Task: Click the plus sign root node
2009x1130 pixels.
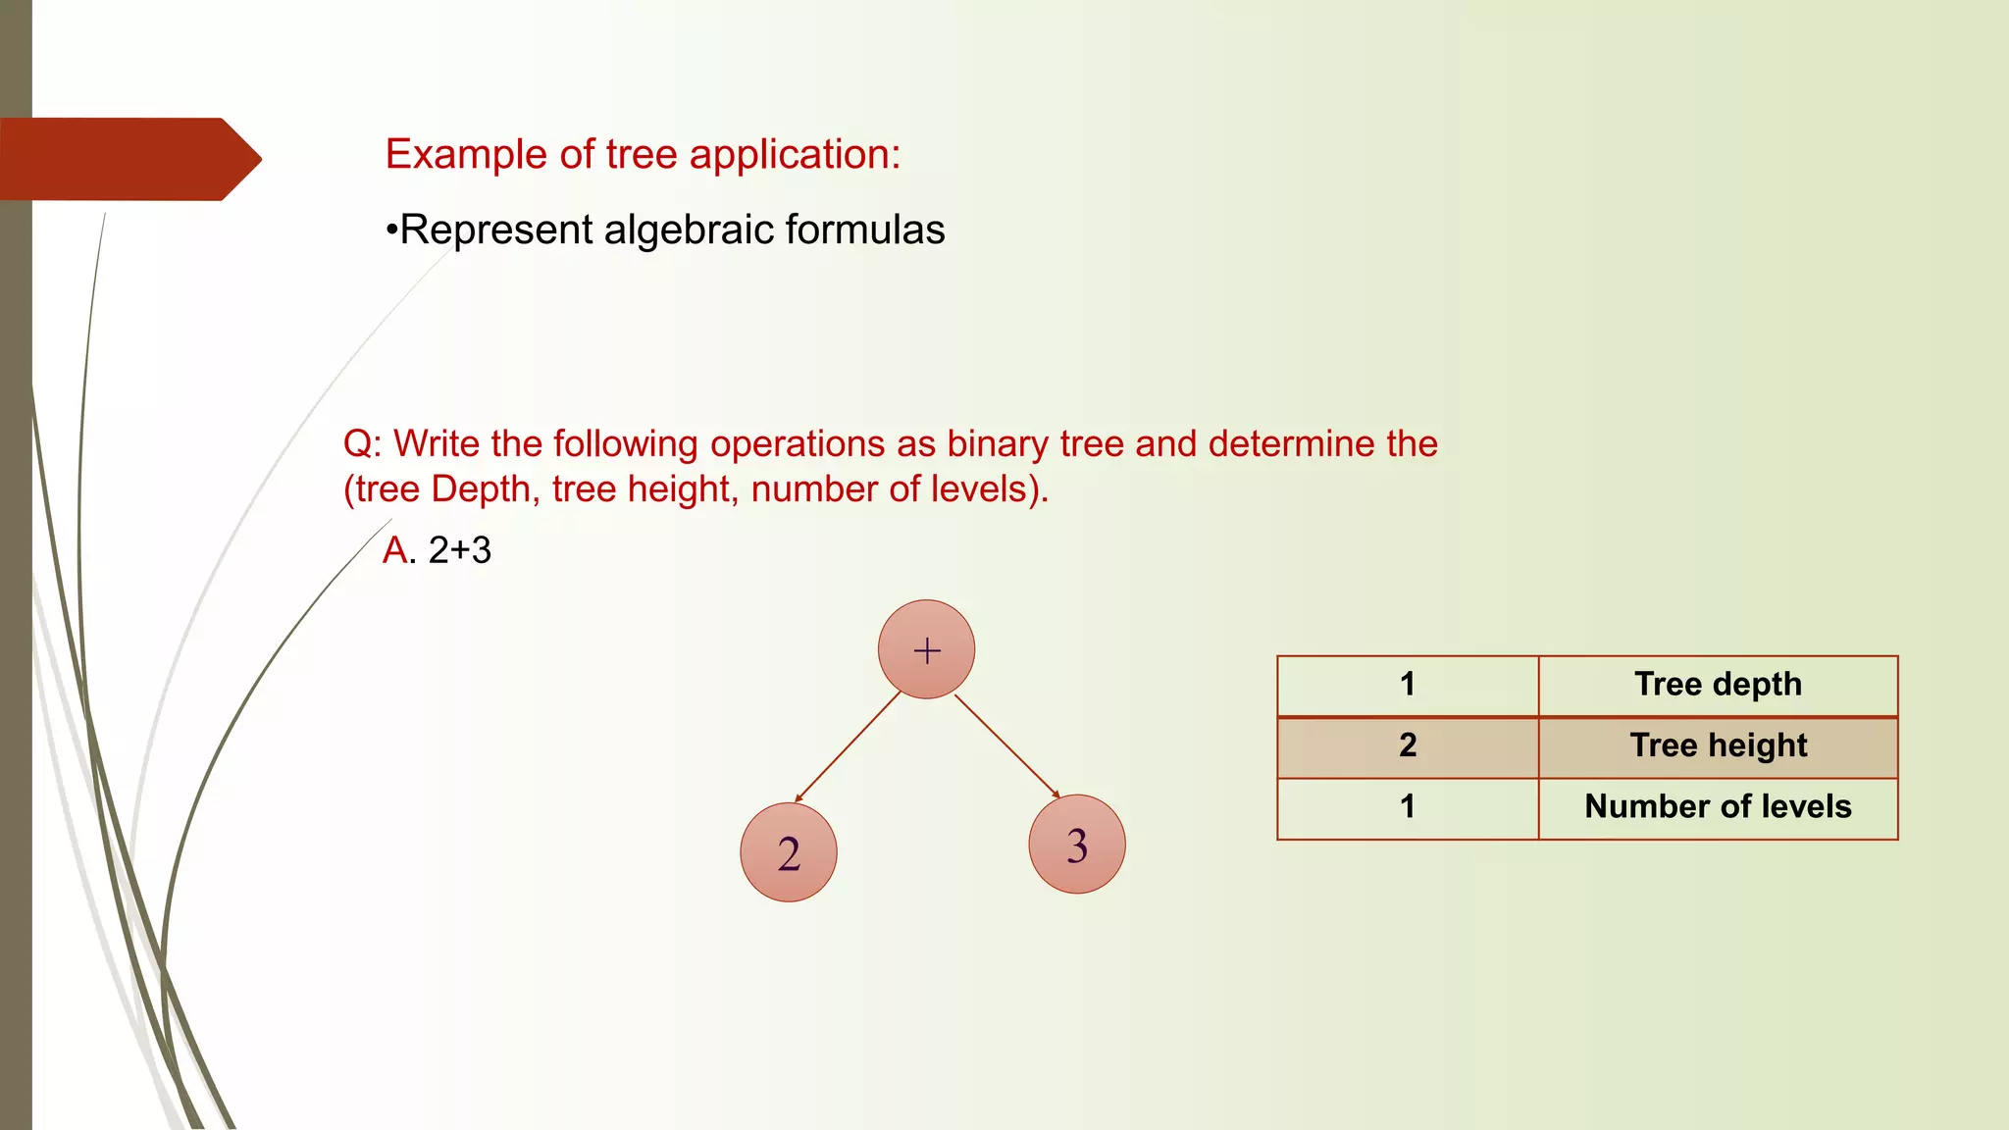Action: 926,649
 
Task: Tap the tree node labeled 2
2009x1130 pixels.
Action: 789,852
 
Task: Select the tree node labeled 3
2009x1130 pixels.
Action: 1077,844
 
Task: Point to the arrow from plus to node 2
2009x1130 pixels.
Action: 848,747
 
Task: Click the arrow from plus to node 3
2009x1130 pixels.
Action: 1006,746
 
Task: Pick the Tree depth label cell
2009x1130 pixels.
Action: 1718,685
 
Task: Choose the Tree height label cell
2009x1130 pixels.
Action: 1718,745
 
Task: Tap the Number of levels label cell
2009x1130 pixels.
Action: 1718,807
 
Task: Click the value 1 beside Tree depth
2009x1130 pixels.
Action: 1408,685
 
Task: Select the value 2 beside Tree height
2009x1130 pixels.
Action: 1408,745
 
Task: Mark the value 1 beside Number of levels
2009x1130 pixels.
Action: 1408,807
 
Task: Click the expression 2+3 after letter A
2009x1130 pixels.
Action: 460,550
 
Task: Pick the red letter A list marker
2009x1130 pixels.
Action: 395,550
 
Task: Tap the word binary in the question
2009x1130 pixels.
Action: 998,444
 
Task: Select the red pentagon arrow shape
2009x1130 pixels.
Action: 128,159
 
